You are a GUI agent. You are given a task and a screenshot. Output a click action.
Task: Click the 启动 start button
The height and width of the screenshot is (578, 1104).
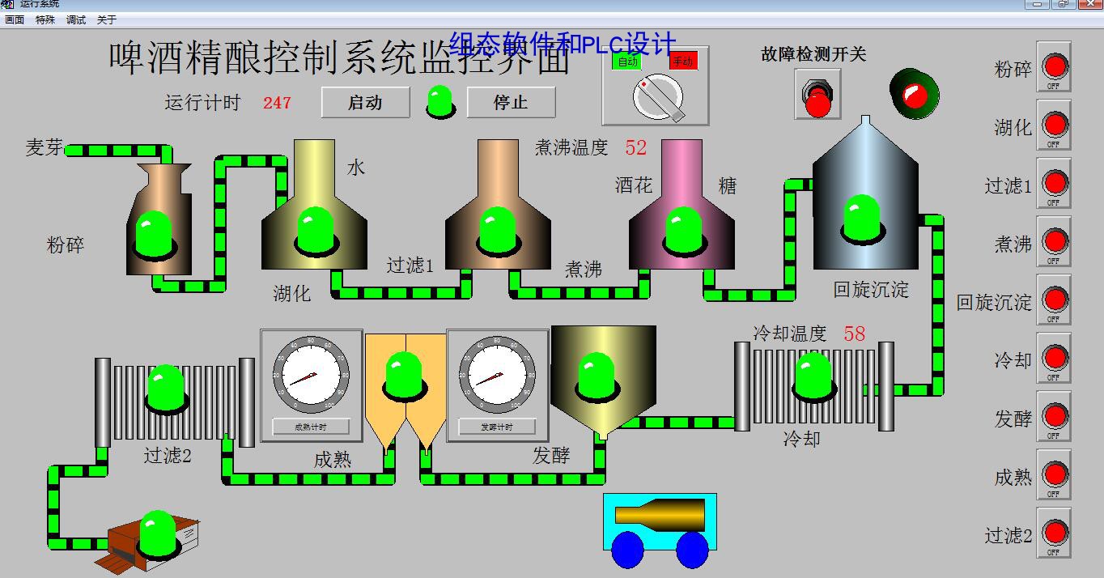click(365, 103)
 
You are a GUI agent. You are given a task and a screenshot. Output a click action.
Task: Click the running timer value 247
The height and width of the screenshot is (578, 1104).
click(277, 103)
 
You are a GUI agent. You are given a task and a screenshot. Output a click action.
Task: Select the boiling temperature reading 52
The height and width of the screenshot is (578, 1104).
click(636, 147)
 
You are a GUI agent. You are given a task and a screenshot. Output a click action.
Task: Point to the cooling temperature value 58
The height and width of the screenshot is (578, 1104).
click(855, 334)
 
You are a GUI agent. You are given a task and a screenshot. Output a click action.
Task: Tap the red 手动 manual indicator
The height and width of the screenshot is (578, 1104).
click(682, 61)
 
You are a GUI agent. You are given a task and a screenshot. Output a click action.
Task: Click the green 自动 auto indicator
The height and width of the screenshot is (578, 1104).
click(627, 61)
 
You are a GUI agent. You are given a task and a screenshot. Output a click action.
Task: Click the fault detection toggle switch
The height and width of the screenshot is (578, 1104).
click(817, 95)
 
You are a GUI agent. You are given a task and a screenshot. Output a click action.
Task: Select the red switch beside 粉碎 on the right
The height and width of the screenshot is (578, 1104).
click(1054, 66)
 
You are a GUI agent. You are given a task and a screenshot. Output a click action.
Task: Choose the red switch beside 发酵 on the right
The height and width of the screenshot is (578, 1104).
click(1054, 416)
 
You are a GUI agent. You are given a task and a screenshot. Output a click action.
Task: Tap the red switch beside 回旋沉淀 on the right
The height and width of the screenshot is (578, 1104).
click(1054, 300)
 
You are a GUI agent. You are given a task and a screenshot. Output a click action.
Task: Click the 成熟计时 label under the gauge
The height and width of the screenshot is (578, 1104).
click(311, 427)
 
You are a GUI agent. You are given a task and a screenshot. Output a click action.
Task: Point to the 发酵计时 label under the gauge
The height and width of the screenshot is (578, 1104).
click(497, 427)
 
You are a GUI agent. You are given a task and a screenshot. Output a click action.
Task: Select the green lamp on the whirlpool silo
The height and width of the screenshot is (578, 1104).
click(863, 217)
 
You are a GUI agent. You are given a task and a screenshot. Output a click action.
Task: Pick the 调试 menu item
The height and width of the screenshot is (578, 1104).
click(76, 19)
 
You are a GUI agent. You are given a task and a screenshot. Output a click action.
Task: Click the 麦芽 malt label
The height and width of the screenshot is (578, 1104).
click(44, 147)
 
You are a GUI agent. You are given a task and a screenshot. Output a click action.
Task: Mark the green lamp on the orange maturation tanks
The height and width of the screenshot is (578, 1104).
click(404, 374)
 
